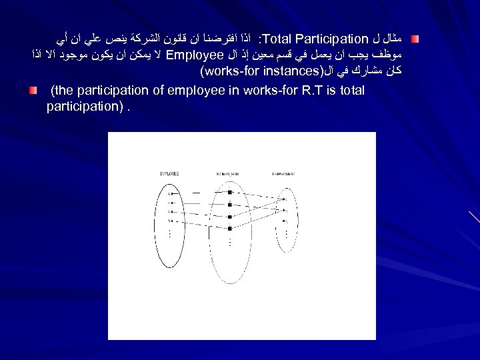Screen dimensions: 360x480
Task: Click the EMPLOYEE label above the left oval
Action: (169, 174)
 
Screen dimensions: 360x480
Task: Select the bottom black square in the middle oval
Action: (229, 228)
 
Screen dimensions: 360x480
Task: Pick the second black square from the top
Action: (229, 205)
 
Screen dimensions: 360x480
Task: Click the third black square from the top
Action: (229, 217)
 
